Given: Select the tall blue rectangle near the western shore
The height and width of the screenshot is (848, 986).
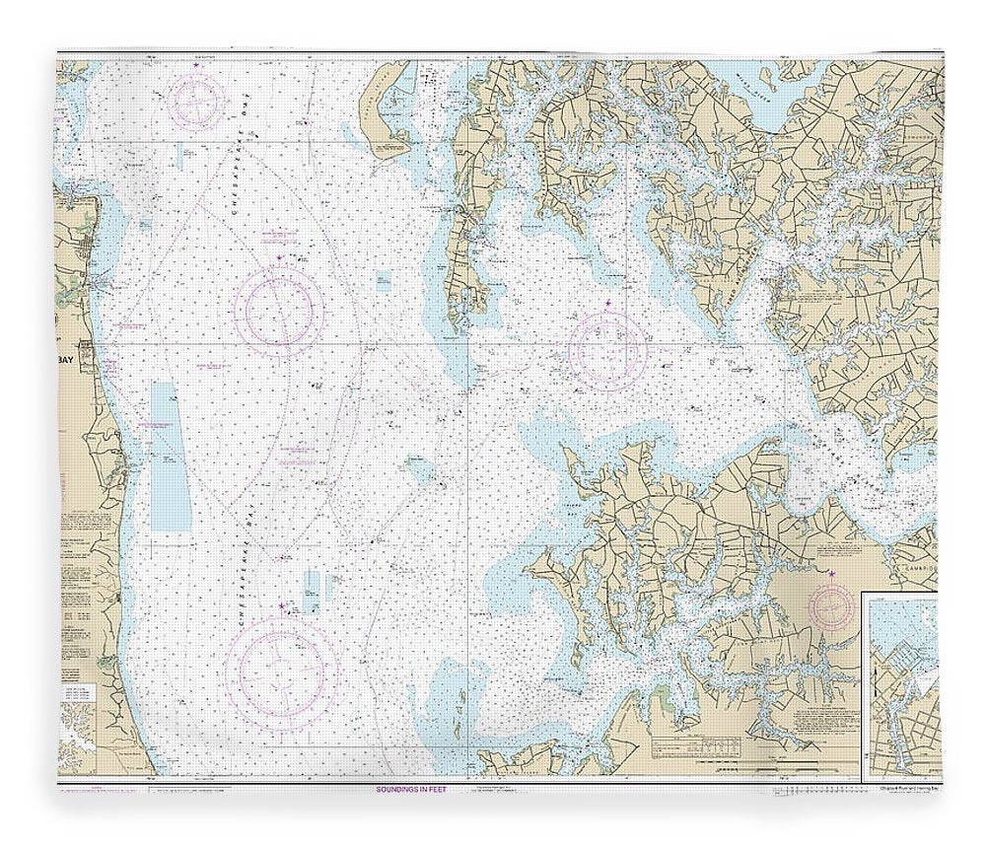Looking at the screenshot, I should (170, 456).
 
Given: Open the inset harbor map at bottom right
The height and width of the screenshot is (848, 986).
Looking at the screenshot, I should (901, 685).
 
